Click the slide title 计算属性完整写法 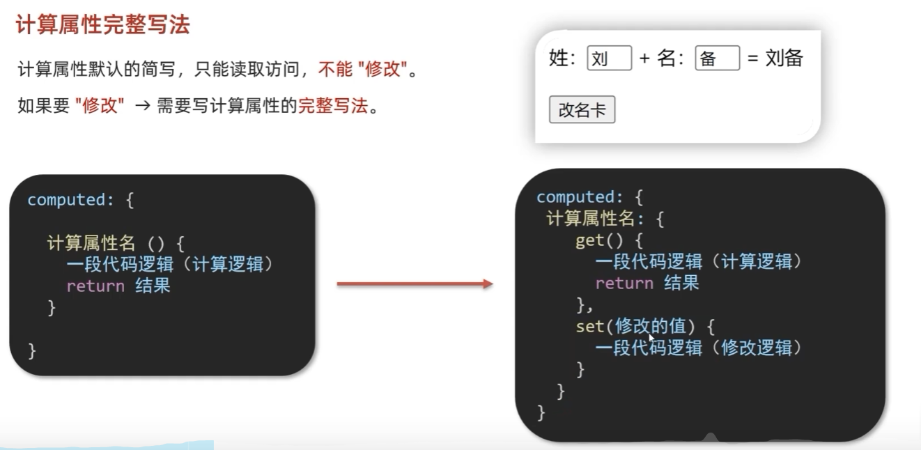point(102,26)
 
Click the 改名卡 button point(582,110)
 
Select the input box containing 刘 point(609,59)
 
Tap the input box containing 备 point(717,59)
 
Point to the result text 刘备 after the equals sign point(784,59)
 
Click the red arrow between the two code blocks point(415,284)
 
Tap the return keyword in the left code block point(95,286)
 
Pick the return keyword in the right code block point(624,283)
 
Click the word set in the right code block point(589,326)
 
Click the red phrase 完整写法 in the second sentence point(332,107)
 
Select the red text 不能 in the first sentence point(334,70)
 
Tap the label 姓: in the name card point(563,59)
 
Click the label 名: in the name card point(670,59)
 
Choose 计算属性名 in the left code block point(91,243)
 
